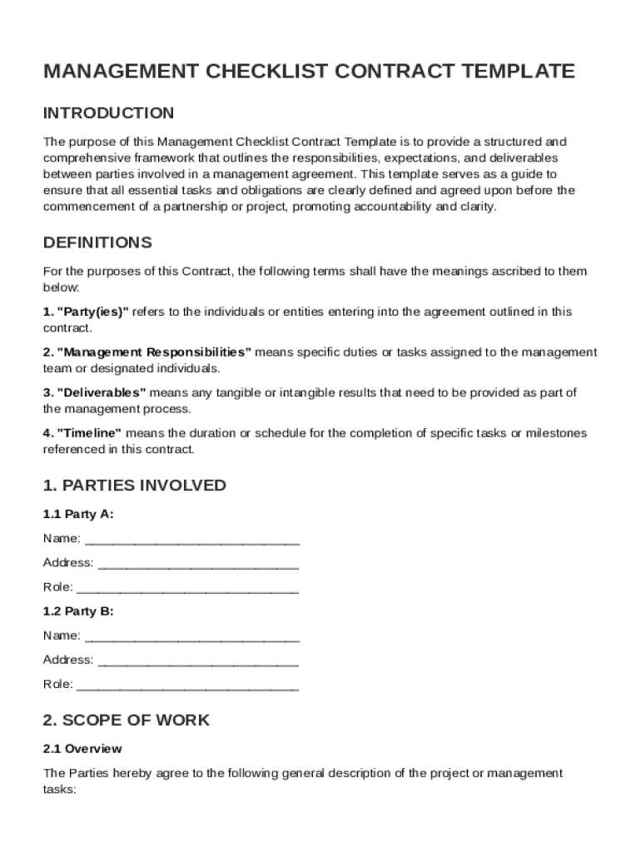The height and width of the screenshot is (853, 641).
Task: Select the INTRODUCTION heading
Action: coord(108,113)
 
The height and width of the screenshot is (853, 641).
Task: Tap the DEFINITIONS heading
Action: coord(97,243)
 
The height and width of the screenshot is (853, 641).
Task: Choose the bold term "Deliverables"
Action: coord(101,392)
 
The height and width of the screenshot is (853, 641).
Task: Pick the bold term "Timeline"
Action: coord(89,433)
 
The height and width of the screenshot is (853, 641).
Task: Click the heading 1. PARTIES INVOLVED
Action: coord(134,486)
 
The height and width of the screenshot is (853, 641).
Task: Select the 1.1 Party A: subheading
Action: coord(78,514)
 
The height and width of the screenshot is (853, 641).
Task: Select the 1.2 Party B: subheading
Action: coord(78,611)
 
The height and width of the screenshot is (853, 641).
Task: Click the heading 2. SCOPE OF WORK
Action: coord(127,720)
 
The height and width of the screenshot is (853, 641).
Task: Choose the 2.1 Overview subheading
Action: coord(82,749)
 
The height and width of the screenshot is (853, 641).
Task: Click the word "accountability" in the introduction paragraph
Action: coord(395,207)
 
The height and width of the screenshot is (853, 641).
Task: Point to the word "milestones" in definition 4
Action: coord(556,433)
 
